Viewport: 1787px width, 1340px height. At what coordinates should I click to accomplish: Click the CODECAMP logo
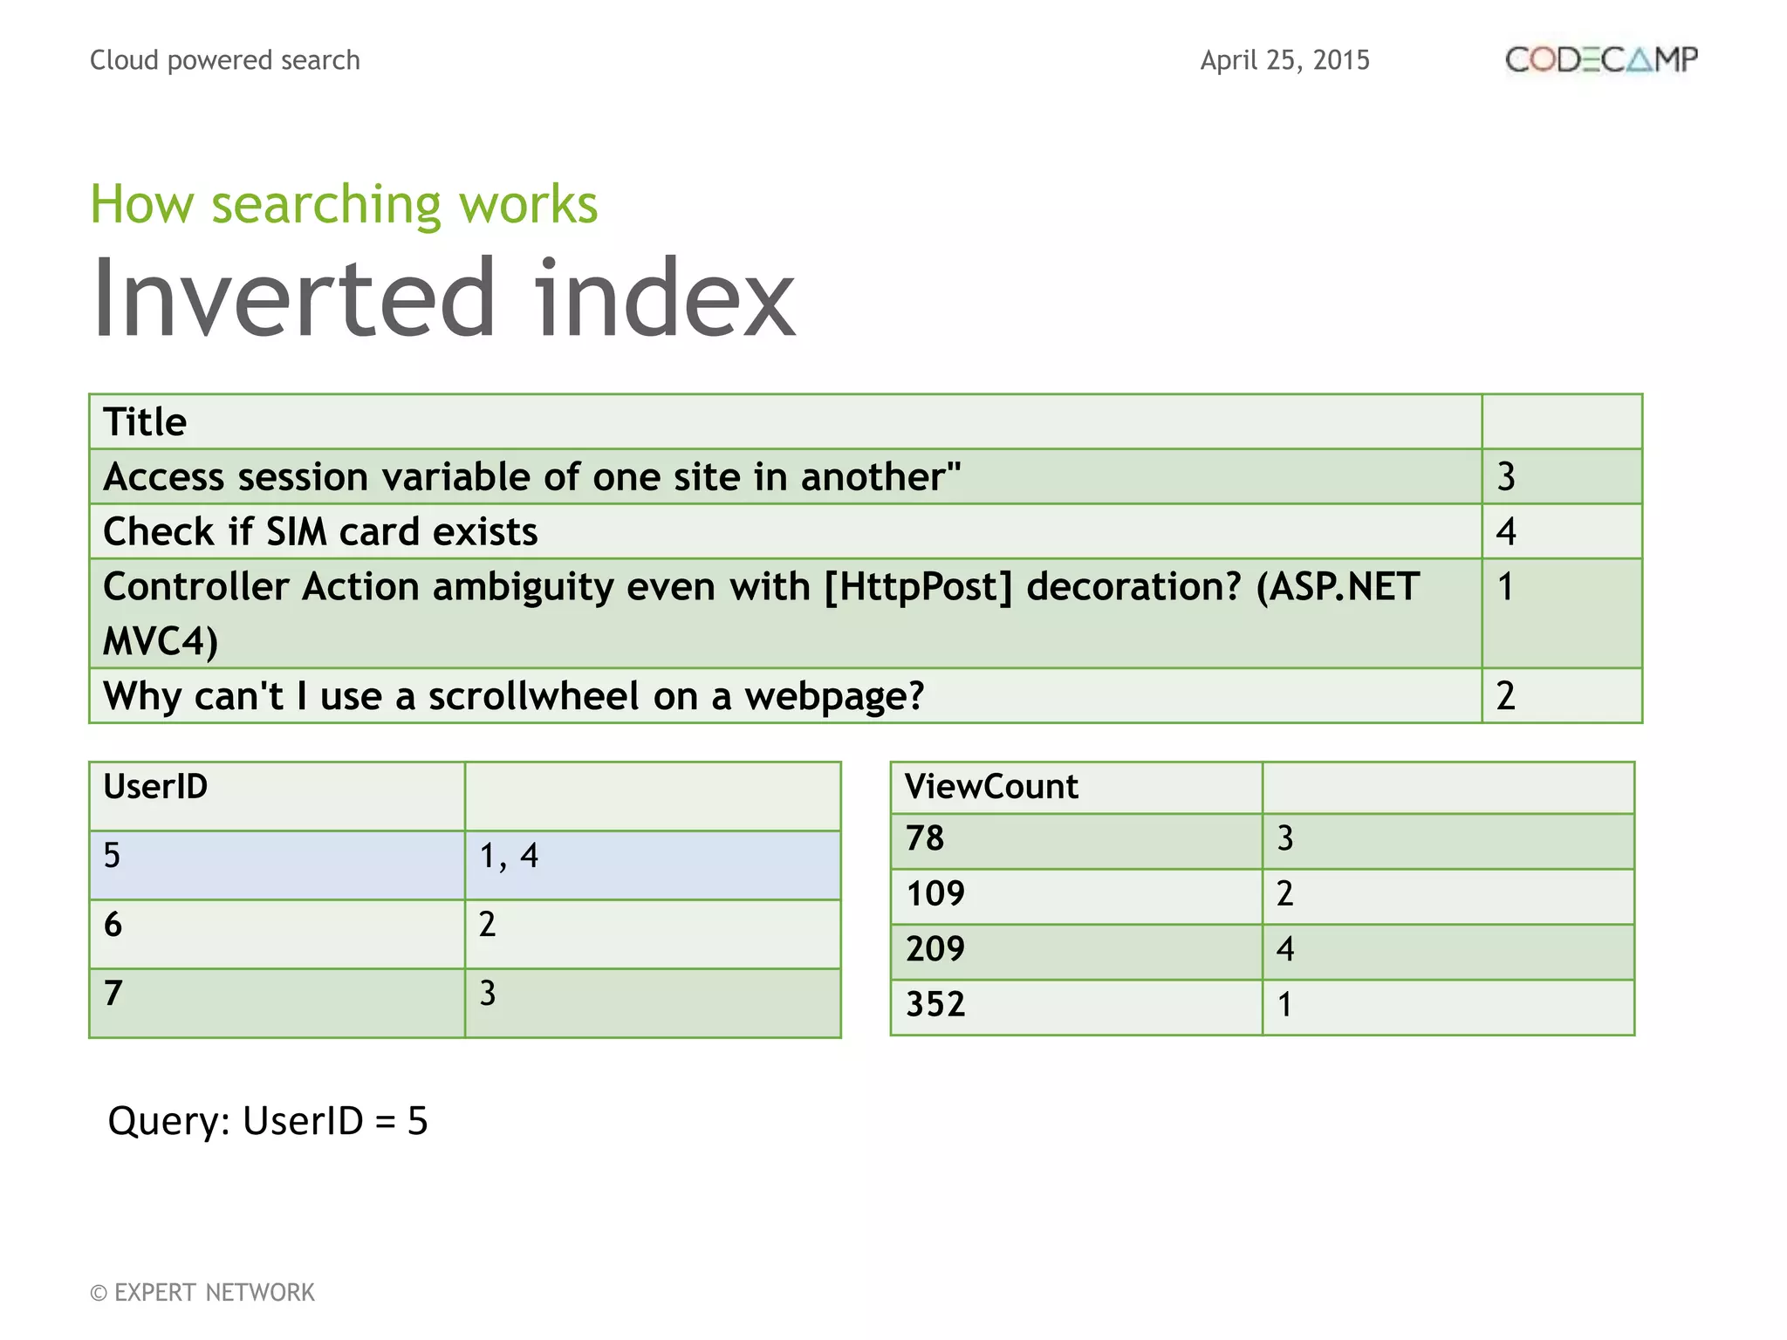pos(1601,59)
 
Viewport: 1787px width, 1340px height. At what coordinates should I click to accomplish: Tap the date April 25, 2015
pos(1284,60)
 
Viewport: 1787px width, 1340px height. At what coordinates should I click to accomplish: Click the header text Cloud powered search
pos(225,60)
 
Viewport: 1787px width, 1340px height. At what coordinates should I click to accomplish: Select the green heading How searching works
pos(344,204)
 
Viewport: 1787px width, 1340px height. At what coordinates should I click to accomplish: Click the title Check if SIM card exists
pos(320,531)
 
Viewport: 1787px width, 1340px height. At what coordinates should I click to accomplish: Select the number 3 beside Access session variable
pos(1507,477)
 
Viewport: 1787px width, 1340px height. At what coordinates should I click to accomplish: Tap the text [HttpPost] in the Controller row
pos(918,586)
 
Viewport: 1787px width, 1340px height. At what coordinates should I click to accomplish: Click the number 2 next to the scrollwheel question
pos(1506,696)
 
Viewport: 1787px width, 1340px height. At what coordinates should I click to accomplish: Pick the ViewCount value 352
pos(935,1005)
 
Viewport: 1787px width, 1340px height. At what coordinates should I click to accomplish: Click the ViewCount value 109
pos(935,894)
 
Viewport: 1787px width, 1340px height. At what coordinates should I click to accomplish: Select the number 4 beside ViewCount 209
pos(1285,949)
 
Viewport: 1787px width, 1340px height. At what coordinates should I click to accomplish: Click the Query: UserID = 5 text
pos(268,1121)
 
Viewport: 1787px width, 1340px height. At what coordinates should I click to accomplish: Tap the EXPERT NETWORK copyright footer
pos(202,1292)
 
